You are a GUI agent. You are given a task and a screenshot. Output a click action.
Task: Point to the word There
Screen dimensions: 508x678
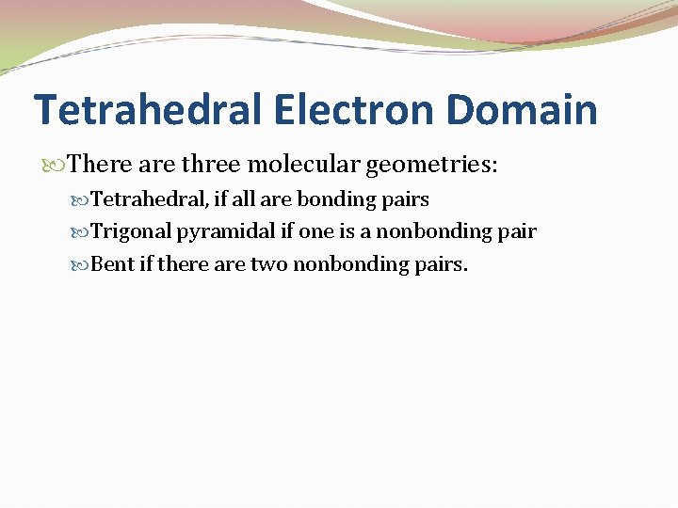pos(100,166)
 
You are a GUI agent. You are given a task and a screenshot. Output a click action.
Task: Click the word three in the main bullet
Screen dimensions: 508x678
pos(211,166)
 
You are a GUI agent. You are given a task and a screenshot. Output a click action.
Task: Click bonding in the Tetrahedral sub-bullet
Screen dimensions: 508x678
pos(329,200)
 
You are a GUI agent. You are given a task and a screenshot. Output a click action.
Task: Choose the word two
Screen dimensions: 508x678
pos(268,264)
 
